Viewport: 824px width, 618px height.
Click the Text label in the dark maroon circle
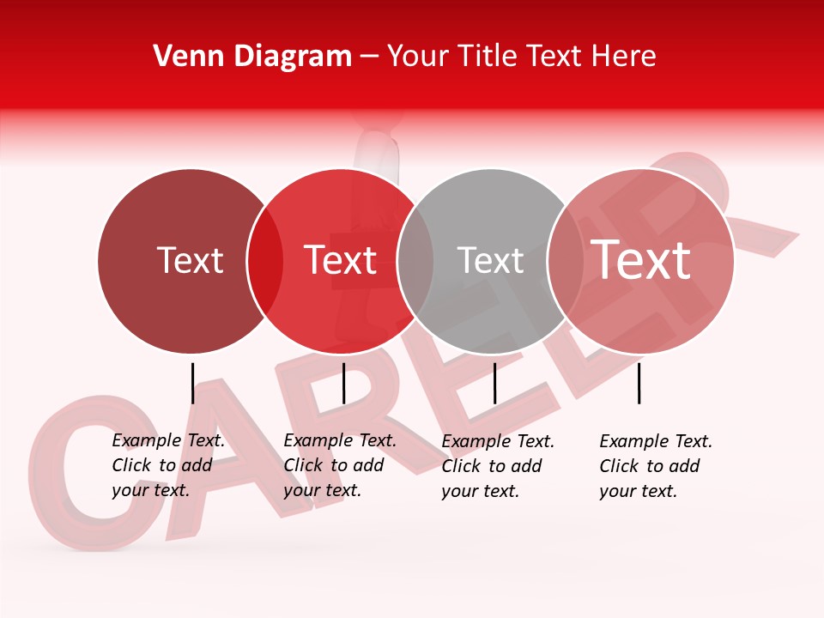[190, 260]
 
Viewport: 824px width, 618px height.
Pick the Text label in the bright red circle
[340, 260]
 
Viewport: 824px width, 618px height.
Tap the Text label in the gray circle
[490, 260]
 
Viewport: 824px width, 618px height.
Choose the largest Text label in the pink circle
[641, 260]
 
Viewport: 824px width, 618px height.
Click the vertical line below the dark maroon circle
[192, 383]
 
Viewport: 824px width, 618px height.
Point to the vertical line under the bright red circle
[343, 383]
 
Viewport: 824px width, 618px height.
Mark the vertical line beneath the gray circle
[494, 383]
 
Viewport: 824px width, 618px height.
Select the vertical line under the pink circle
[639, 383]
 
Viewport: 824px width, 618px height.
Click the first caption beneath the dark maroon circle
[168, 465]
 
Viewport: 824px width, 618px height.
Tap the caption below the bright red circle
[340, 465]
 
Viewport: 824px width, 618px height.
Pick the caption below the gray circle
[498, 466]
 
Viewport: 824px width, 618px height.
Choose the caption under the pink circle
[656, 466]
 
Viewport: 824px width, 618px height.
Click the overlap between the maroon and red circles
[265, 261]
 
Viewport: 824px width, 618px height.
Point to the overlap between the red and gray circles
[415, 261]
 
